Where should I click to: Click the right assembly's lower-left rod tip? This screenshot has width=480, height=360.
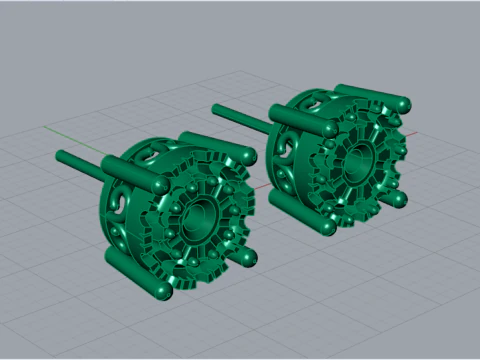[x=326, y=227]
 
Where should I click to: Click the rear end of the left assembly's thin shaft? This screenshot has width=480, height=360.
[x=61, y=156]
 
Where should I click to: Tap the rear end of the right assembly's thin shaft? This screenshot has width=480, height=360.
[x=218, y=106]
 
